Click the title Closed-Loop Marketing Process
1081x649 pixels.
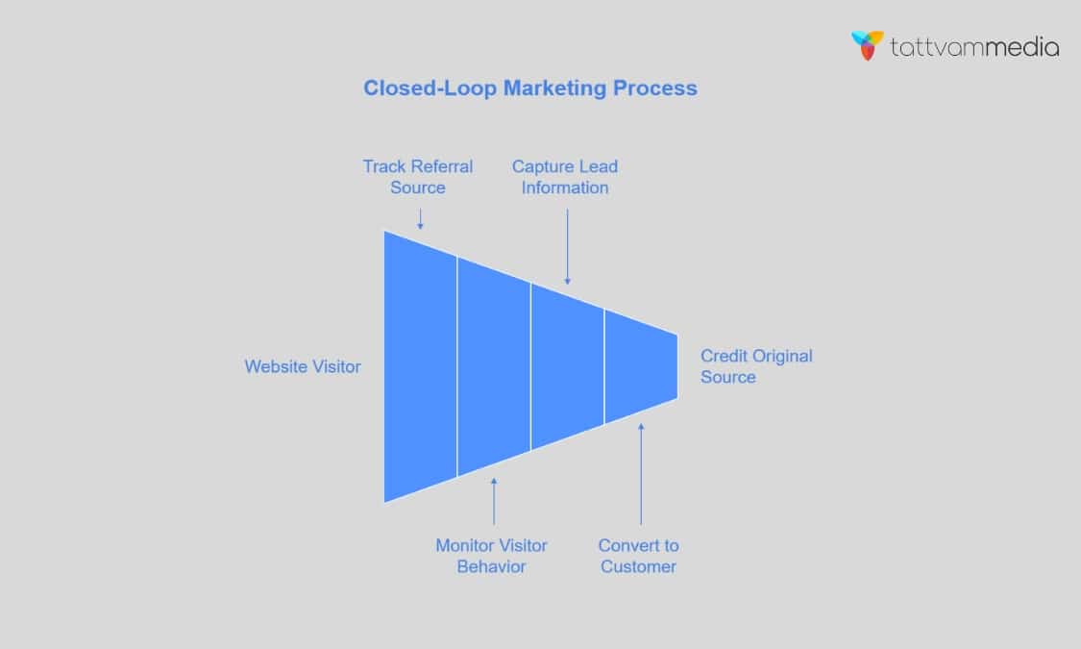coord(529,87)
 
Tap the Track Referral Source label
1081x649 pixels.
coord(418,176)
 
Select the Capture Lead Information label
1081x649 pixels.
coord(565,176)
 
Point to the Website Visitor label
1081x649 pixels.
coord(303,366)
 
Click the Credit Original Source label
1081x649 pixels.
coord(755,366)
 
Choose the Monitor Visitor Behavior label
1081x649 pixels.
coord(491,556)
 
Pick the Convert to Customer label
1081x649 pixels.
coord(639,556)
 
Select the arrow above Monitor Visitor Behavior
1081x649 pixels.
coord(494,501)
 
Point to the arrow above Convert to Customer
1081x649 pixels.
coord(641,472)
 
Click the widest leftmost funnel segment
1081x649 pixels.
coord(420,366)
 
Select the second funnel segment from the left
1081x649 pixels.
coord(494,366)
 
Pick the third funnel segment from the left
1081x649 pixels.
coord(567,366)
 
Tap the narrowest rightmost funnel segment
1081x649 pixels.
coord(641,366)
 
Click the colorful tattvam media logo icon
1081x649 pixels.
coord(868,45)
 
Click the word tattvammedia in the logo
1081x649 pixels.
coord(974,47)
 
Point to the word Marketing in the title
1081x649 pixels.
coord(556,87)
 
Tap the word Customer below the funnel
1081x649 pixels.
coord(639,566)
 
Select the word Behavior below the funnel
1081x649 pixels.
coord(491,566)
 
